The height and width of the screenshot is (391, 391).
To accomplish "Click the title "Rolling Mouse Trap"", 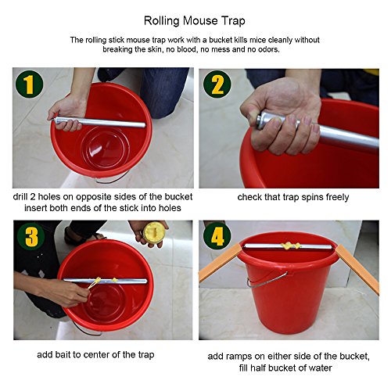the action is point(195,21).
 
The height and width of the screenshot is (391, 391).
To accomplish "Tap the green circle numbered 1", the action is point(29,84).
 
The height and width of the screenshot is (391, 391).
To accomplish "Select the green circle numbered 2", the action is point(217,84).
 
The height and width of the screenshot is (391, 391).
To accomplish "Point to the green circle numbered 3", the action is point(30,237).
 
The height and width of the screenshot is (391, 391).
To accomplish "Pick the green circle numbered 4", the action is point(217,236).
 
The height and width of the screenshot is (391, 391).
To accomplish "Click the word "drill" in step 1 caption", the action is point(20,196).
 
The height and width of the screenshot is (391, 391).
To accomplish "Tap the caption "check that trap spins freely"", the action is point(293,197).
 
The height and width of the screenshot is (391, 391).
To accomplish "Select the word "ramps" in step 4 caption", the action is point(243,357).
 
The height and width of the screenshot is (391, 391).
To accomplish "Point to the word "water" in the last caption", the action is point(320,368).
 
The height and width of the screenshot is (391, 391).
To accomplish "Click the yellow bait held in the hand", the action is point(154,232).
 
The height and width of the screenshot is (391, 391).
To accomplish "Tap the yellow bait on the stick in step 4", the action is point(290,246).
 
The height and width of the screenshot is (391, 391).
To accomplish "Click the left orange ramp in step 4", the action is point(221,261).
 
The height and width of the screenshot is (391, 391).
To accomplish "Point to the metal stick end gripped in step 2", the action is point(262,120).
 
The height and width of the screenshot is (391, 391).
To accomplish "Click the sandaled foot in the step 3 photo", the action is point(84,236).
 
